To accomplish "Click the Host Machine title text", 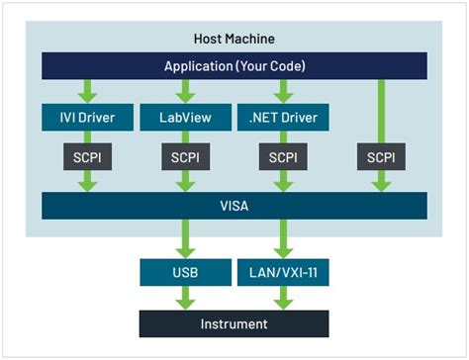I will pos(234,40).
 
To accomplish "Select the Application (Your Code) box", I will pos(234,66).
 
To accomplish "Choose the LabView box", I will pos(184,119).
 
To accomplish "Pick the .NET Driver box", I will pos(284,119).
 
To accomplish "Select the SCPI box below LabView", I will pos(184,157).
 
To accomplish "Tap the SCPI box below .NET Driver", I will pos(284,157).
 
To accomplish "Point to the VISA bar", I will pos(234,206).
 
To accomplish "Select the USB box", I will pos(184,271).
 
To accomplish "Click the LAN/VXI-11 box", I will pos(284,271).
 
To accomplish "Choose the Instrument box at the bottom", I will pos(234,323).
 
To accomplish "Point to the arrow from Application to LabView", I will pos(184,91).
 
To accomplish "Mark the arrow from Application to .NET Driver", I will pos(284,91).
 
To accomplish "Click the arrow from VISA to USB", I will pos(184,238).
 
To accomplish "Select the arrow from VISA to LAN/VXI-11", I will pos(284,238).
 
